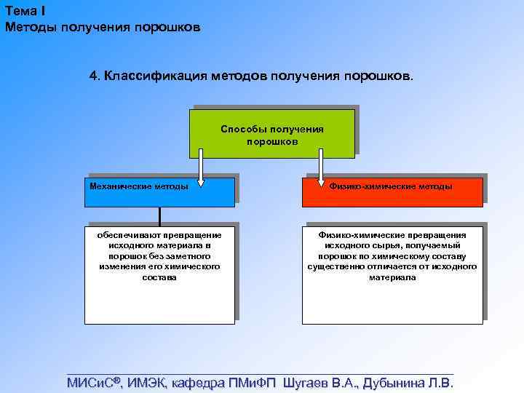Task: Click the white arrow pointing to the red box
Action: click(321, 163)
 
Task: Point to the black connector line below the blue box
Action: click(159, 214)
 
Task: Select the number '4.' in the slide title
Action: click(95, 76)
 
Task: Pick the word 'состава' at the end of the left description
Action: click(159, 277)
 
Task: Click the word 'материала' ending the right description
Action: click(392, 277)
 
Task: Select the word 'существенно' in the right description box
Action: click(335, 267)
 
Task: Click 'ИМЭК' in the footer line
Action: click(148, 383)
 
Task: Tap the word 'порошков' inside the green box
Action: click(272, 141)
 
